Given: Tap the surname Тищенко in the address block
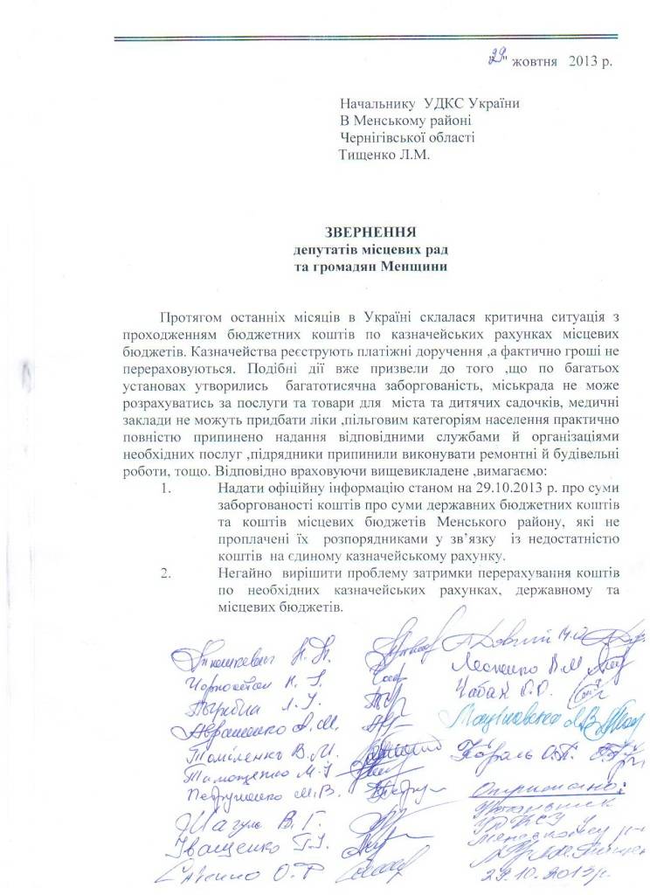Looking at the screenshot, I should click(369, 155).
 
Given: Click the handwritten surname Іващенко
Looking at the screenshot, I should click(227, 844).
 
